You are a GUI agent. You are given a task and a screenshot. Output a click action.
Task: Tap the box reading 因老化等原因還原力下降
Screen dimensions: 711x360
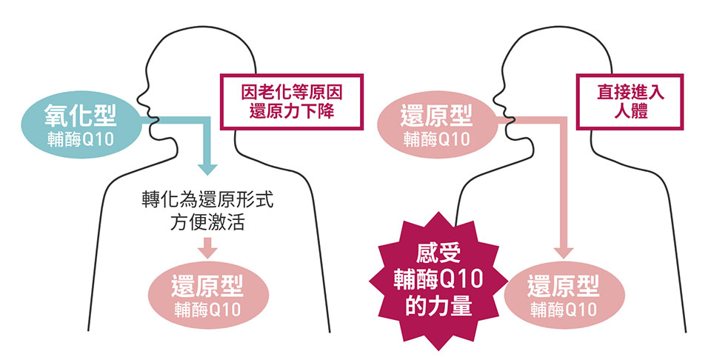click(292, 101)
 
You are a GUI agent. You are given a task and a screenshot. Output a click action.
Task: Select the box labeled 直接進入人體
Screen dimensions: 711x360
click(630, 101)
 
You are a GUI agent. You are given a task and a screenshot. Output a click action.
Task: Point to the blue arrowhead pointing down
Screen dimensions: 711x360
click(207, 170)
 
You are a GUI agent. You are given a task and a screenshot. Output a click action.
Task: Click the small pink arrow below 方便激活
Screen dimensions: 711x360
click(207, 247)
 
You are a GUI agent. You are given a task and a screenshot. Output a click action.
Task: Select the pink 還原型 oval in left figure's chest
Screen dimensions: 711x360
click(208, 295)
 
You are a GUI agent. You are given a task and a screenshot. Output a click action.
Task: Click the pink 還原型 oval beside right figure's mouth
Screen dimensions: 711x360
click(437, 124)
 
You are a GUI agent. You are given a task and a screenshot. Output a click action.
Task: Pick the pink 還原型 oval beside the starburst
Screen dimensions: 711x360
click(564, 295)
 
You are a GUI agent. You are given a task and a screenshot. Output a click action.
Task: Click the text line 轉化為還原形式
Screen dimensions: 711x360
click(207, 200)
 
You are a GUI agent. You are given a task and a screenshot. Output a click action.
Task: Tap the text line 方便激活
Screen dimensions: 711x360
click(207, 223)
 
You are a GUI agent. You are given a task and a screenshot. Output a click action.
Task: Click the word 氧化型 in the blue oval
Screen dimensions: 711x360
click(81, 115)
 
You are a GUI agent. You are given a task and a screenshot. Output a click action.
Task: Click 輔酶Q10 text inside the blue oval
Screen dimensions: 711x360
click(81, 139)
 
